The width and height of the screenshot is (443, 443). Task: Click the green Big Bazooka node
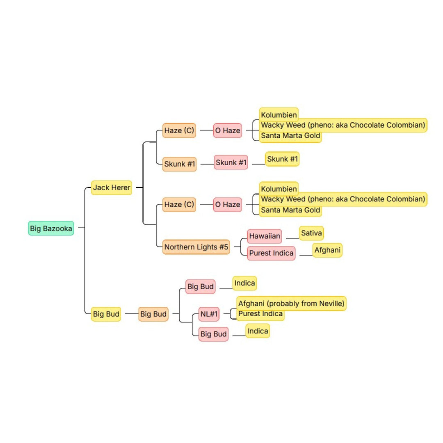pyautogui.click(x=51, y=228)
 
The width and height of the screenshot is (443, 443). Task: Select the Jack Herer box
pyautogui.click(x=112, y=187)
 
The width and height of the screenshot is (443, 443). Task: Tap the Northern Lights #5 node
pyautogui.click(x=196, y=247)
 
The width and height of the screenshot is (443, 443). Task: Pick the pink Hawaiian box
pyautogui.click(x=265, y=236)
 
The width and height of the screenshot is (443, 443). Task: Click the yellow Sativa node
pyautogui.click(x=311, y=233)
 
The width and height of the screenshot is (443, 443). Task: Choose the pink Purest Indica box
pyautogui.click(x=271, y=253)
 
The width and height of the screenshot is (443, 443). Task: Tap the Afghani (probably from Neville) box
pyautogui.click(x=291, y=304)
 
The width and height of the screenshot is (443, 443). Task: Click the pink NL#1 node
pyautogui.click(x=209, y=314)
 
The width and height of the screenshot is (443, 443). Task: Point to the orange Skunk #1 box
pyautogui.click(x=179, y=164)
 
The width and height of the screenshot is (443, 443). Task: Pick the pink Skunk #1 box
pyautogui.click(x=231, y=162)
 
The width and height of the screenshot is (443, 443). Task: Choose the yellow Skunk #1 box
pyautogui.click(x=282, y=159)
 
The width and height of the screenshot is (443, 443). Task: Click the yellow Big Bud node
pyautogui.click(x=106, y=314)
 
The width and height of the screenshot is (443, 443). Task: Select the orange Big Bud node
pyautogui.click(x=153, y=314)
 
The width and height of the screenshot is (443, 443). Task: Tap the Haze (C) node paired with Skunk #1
pyautogui.click(x=179, y=130)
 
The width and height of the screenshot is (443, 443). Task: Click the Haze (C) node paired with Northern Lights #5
pyautogui.click(x=179, y=205)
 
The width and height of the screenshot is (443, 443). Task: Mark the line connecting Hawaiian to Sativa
pyautogui.click(x=293, y=238)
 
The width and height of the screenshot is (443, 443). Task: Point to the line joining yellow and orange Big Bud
pyautogui.click(x=132, y=314)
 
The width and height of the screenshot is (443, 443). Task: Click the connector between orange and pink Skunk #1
pyautogui.click(x=207, y=164)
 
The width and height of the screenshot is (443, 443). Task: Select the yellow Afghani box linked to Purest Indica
pyautogui.click(x=327, y=250)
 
